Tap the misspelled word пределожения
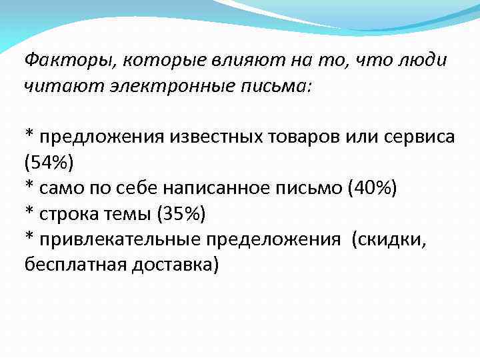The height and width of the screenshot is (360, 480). point(279,239)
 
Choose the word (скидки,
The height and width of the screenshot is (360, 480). point(389,239)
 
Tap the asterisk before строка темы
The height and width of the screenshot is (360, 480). point(29,211)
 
